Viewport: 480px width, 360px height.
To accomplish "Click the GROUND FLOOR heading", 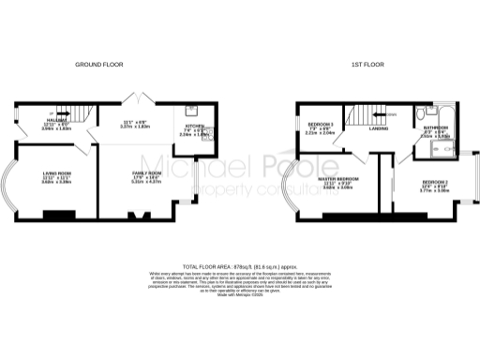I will click(x=97, y=64).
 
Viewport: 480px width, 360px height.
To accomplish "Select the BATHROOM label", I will click(x=435, y=127).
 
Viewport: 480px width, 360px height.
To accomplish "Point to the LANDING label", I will click(x=378, y=128).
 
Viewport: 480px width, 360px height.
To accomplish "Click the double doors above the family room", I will click(x=140, y=99).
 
